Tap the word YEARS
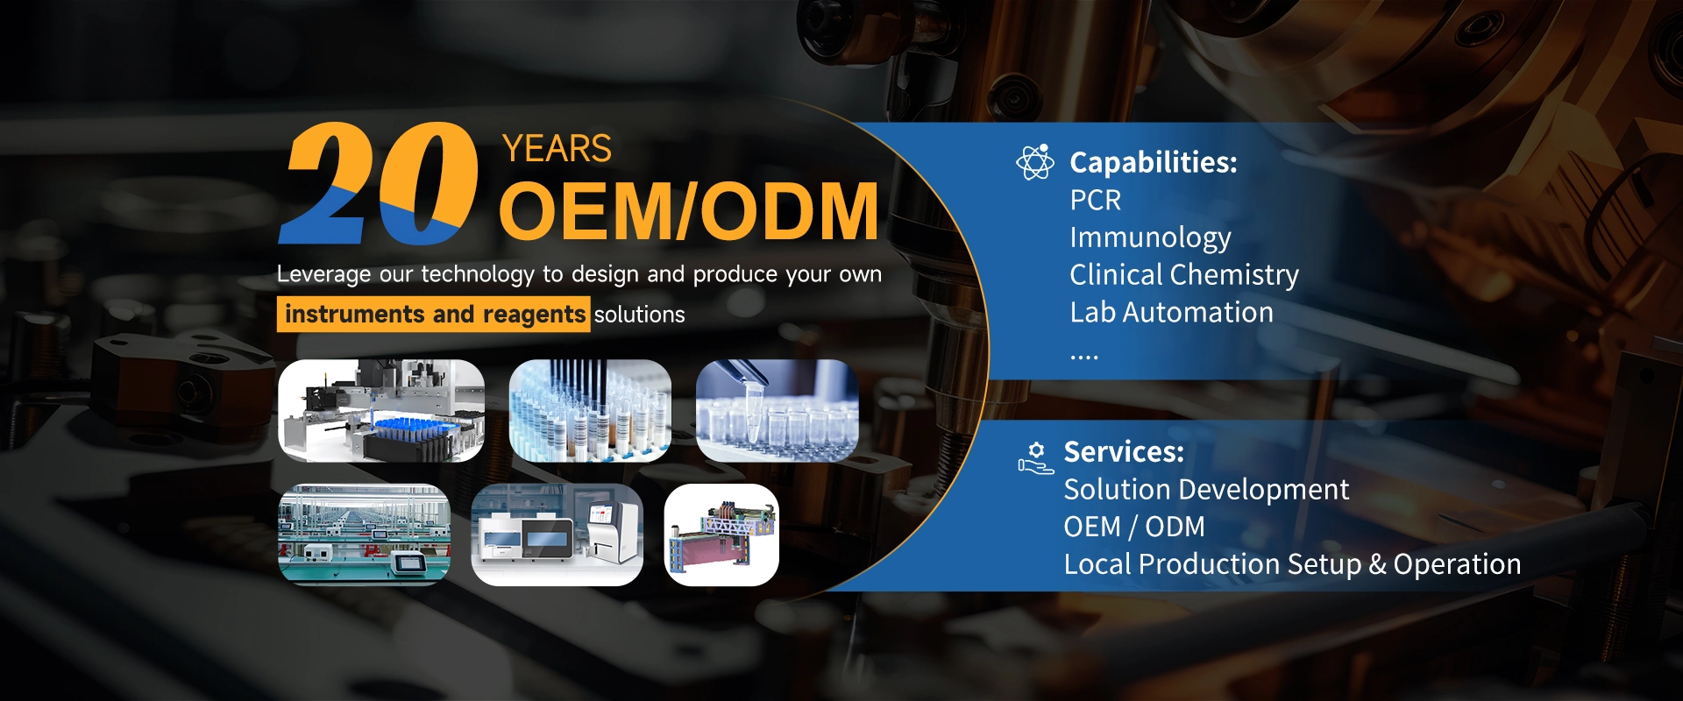pyautogui.click(x=557, y=149)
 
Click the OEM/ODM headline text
pyautogui.click(x=688, y=211)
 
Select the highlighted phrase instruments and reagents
pyautogui.click(x=434, y=315)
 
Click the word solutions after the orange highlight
pyautogui.click(x=640, y=315)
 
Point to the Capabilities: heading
pyautogui.click(x=1153, y=162)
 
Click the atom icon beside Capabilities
pyautogui.click(x=1034, y=162)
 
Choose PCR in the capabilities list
pyautogui.click(x=1095, y=201)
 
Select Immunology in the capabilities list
pyautogui.click(x=1150, y=237)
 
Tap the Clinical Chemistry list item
pyautogui.click(x=1183, y=275)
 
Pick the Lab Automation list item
pyautogui.click(x=1171, y=313)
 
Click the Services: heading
pyautogui.click(x=1123, y=452)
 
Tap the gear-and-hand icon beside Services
pyautogui.click(x=1036, y=457)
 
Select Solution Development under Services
pyautogui.click(x=1206, y=490)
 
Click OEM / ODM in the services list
pyautogui.click(x=1133, y=527)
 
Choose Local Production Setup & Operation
pyautogui.click(x=1292, y=564)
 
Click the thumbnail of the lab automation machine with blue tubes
pyautogui.click(x=381, y=410)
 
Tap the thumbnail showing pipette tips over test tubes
pyautogui.click(x=590, y=410)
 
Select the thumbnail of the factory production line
pyautogui.click(x=364, y=535)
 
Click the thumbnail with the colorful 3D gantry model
pyautogui.click(x=721, y=535)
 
